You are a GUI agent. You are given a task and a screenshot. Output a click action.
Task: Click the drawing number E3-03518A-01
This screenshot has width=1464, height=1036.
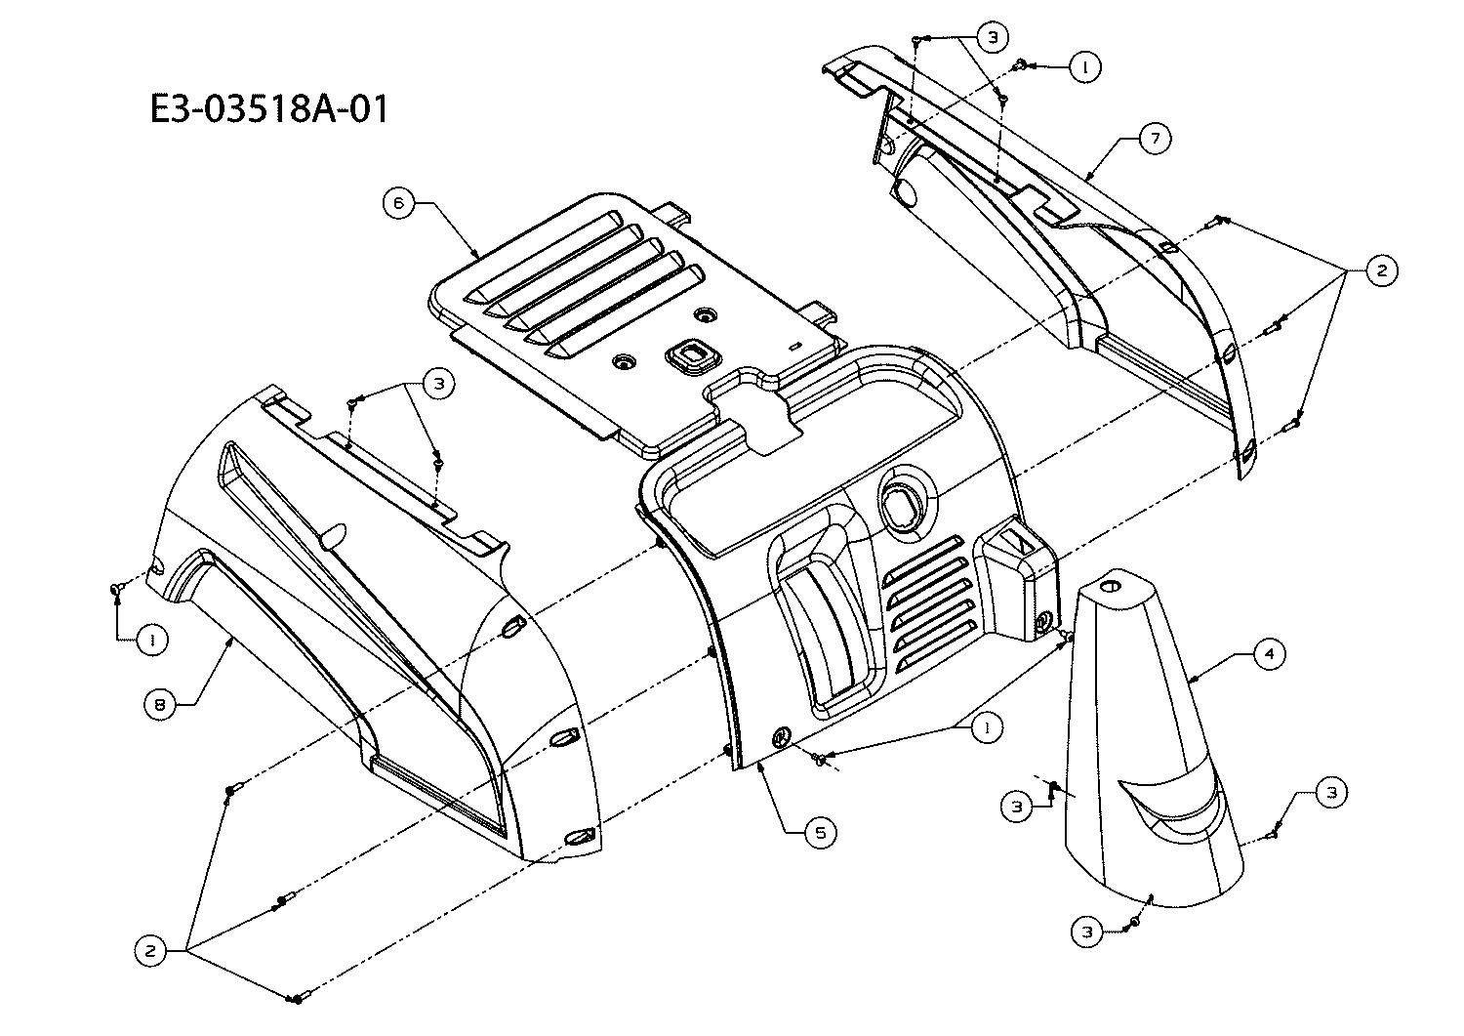[269, 108]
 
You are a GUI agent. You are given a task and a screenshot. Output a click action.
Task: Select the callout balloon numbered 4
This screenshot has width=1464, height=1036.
[1269, 653]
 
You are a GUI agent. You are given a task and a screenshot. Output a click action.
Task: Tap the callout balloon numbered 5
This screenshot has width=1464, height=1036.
[820, 832]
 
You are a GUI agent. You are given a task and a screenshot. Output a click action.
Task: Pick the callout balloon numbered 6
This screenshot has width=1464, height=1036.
[399, 203]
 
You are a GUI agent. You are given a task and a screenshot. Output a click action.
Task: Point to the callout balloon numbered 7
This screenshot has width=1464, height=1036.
[1155, 139]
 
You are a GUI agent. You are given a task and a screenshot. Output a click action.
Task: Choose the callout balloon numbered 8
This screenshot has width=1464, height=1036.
[159, 704]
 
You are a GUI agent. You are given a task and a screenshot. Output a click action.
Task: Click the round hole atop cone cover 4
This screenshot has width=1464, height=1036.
[1111, 588]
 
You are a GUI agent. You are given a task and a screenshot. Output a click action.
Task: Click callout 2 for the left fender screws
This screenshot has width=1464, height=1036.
[150, 949]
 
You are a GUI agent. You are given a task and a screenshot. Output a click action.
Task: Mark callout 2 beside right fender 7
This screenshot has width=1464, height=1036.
[1380, 270]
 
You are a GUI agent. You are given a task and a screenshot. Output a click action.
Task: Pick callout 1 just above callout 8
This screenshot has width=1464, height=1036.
[151, 641]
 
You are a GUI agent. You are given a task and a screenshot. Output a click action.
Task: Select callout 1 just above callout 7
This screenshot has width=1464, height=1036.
[1084, 66]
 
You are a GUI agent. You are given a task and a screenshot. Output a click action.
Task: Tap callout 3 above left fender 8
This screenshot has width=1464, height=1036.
[439, 384]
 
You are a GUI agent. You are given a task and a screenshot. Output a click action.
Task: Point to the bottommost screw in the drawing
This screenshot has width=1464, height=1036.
[296, 997]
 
